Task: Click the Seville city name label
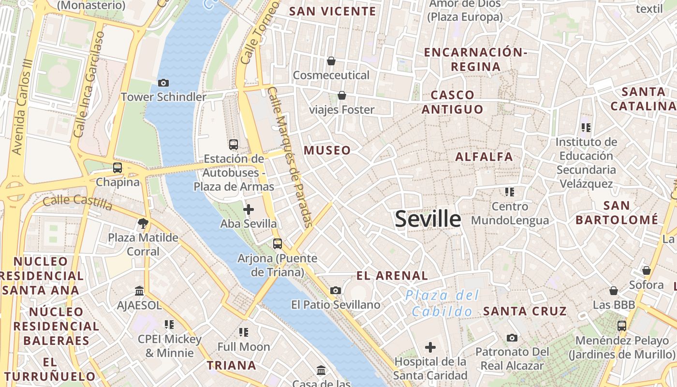pyautogui.click(x=428, y=219)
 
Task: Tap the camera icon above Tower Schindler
pyautogui.click(x=163, y=83)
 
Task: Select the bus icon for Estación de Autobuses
pyautogui.click(x=234, y=144)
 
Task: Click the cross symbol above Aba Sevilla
pyautogui.click(x=249, y=209)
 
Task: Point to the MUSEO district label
pyautogui.click(x=327, y=150)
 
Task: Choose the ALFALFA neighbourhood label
pyautogui.click(x=484, y=157)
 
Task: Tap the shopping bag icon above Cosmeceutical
pyautogui.click(x=331, y=61)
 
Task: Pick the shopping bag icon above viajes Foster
pyautogui.click(x=342, y=95)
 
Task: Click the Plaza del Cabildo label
pyautogui.click(x=442, y=303)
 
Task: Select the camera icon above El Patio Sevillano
pyautogui.click(x=336, y=290)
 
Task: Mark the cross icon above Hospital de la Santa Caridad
pyautogui.click(x=430, y=347)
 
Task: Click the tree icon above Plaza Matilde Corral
pyautogui.click(x=143, y=223)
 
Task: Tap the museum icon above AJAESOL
pyautogui.click(x=140, y=291)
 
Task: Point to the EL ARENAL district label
pyautogui.click(x=392, y=276)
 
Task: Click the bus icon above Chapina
pyautogui.click(x=118, y=168)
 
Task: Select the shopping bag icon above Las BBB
pyautogui.click(x=614, y=291)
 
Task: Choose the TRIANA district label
pyautogui.click(x=232, y=365)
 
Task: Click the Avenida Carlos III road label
pyautogui.click(x=23, y=107)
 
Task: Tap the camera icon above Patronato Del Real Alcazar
pyautogui.click(x=512, y=338)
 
